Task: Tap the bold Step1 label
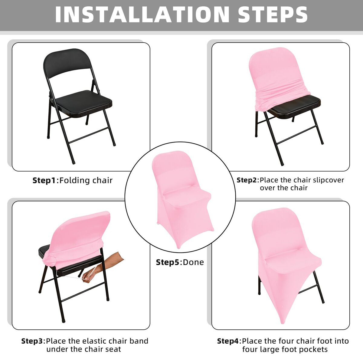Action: click(x=44, y=181)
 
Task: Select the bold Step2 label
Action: click(x=247, y=180)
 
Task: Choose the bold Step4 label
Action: click(x=228, y=341)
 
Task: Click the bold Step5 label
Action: click(x=167, y=262)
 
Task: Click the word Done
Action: click(x=193, y=262)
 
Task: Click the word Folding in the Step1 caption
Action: click(x=72, y=181)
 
